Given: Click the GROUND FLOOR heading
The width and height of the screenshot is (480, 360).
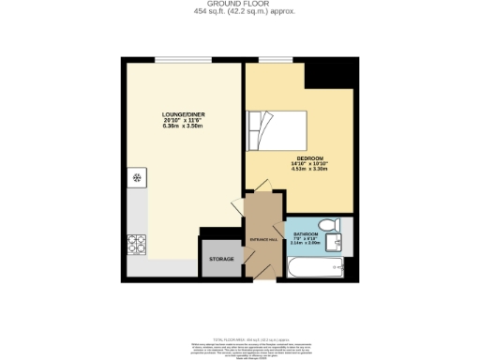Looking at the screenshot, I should tap(240, 5).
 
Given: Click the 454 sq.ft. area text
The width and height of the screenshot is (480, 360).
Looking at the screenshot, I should tap(240, 13).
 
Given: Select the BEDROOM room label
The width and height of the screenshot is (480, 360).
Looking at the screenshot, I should tap(310, 157).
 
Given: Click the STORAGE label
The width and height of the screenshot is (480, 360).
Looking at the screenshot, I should tap(221, 258).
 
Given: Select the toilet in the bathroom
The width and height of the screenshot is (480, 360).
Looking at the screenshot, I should tap(327, 225).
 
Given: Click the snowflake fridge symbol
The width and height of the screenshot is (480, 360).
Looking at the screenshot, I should tap(137, 175).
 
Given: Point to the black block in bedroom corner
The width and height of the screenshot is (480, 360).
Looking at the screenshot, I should tap(336, 75).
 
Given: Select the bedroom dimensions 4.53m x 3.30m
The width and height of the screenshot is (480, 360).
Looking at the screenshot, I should tap(310, 170).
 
